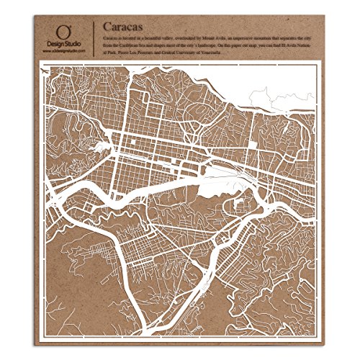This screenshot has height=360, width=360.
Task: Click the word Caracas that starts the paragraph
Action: click(112, 35)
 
